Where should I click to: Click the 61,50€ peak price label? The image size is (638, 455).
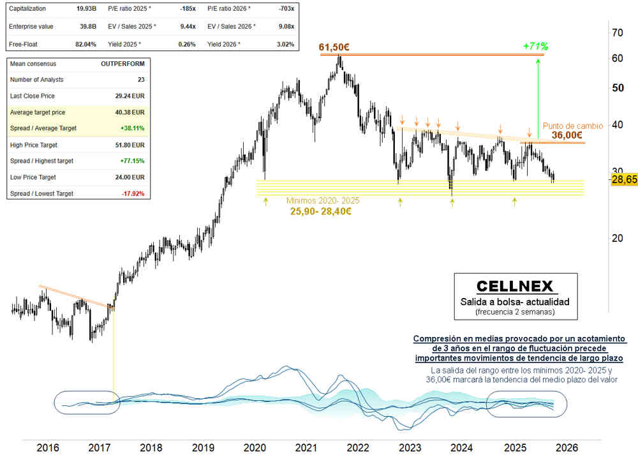tap(338, 47)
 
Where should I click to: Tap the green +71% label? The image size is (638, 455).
tap(535, 46)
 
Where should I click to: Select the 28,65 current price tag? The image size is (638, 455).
tap(623, 181)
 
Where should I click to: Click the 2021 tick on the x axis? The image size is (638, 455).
tap(307, 447)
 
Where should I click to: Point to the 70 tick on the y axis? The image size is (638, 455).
tap(617, 33)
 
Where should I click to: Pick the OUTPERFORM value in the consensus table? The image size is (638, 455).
tap(122, 64)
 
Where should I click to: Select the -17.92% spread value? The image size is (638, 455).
tap(133, 193)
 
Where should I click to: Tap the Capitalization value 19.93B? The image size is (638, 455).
tap(85, 9)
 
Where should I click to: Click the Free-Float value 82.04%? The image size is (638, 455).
tap(85, 44)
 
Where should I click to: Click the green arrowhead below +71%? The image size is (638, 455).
tap(538, 61)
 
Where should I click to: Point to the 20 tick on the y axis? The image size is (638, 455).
tap(617, 238)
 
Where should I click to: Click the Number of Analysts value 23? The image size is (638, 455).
tap(140, 79)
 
